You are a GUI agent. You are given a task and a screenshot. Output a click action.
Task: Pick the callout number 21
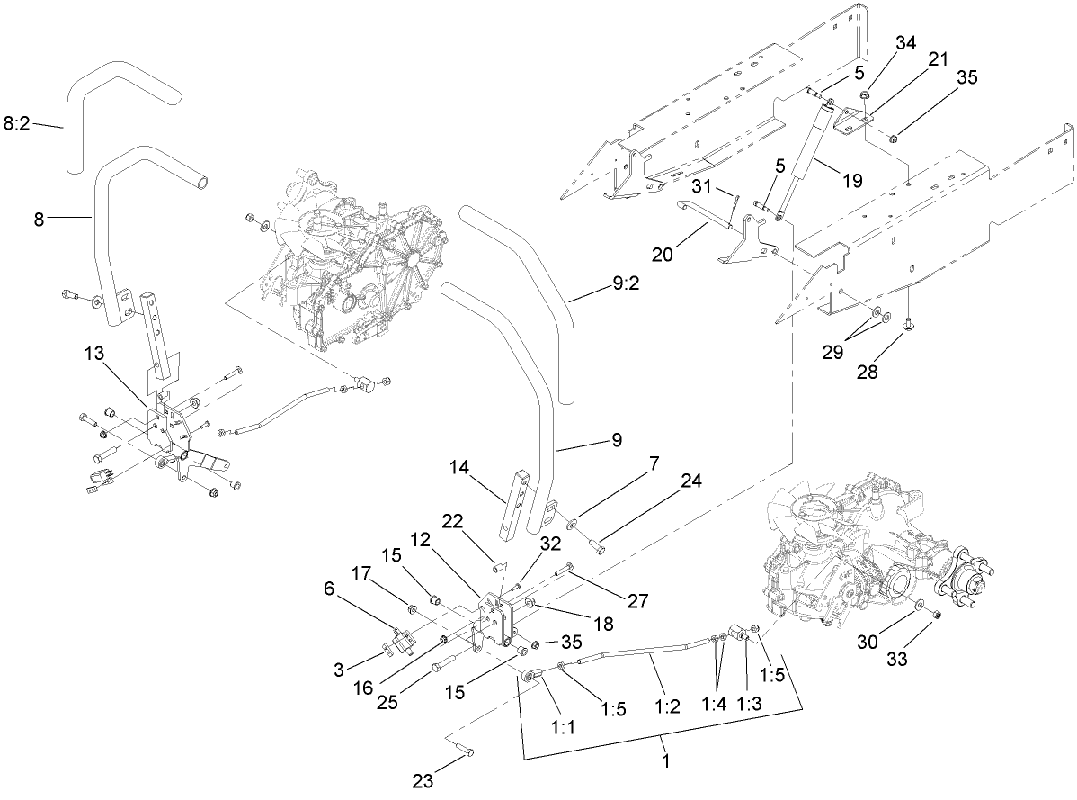938,60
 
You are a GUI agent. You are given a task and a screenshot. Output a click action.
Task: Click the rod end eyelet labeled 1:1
531,673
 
